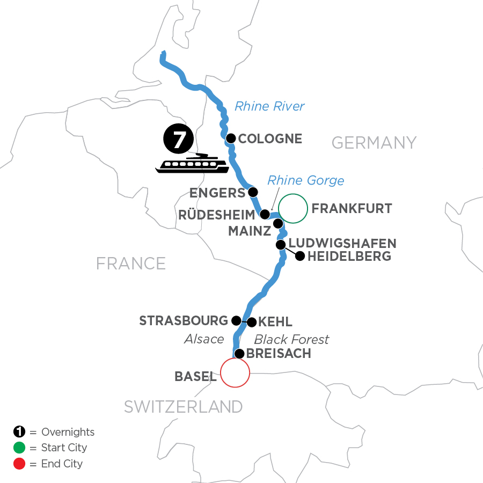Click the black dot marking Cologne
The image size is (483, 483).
pyautogui.click(x=231, y=138)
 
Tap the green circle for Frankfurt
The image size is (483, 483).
pyautogui.click(x=292, y=208)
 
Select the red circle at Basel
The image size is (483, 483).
pyautogui.click(x=235, y=372)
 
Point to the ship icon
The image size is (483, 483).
pyautogui.click(x=192, y=164)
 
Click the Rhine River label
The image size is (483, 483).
pyautogui.click(x=269, y=106)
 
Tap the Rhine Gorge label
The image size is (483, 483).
pyautogui.click(x=305, y=180)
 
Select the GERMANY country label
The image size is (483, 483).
pyautogui.click(x=374, y=142)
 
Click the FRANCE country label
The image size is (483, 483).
pyautogui.click(x=130, y=263)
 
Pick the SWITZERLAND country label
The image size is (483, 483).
pyautogui.click(x=183, y=407)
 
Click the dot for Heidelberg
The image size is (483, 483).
pyautogui.click(x=300, y=257)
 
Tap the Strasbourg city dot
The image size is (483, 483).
pyautogui.click(x=236, y=320)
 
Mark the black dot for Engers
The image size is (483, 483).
pyautogui.click(x=253, y=192)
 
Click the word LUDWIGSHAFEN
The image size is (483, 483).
pyautogui.click(x=342, y=243)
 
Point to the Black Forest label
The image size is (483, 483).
pyautogui.click(x=291, y=339)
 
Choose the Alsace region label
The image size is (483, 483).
pyautogui.click(x=203, y=339)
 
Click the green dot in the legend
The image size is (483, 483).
pyautogui.click(x=19, y=448)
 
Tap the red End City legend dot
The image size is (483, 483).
pyautogui.click(x=19, y=463)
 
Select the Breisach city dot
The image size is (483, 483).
pyautogui.click(x=239, y=354)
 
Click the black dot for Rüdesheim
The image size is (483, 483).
pyautogui.click(x=265, y=215)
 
